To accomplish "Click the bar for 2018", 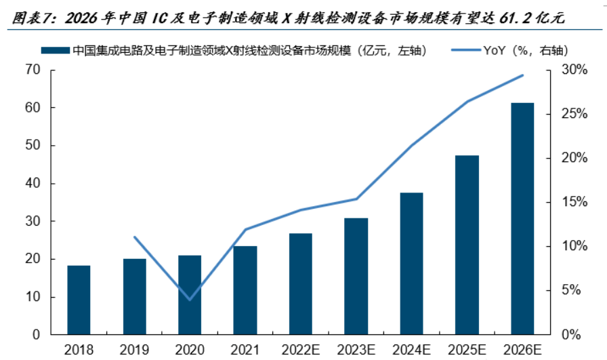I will pyautogui.click(x=79, y=300).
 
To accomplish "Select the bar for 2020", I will pyautogui.click(x=190, y=295).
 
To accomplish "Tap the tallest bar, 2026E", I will pyautogui.click(x=522, y=218).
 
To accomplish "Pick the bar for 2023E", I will pyautogui.click(x=356, y=276).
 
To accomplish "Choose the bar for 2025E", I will pyautogui.click(x=467, y=245).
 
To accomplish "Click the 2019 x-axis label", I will pyautogui.click(x=134, y=349).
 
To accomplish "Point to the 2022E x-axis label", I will pyautogui.click(x=301, y=349).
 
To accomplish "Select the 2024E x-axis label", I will pyautogui.click(x=412, y=349).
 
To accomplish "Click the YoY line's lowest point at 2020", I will pyautogui.click(x=190, y=299).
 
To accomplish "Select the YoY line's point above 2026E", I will pyautogui.click(x=522, y=75).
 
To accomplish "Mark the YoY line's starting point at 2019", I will pyautogui.click(x=134, y=237).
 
